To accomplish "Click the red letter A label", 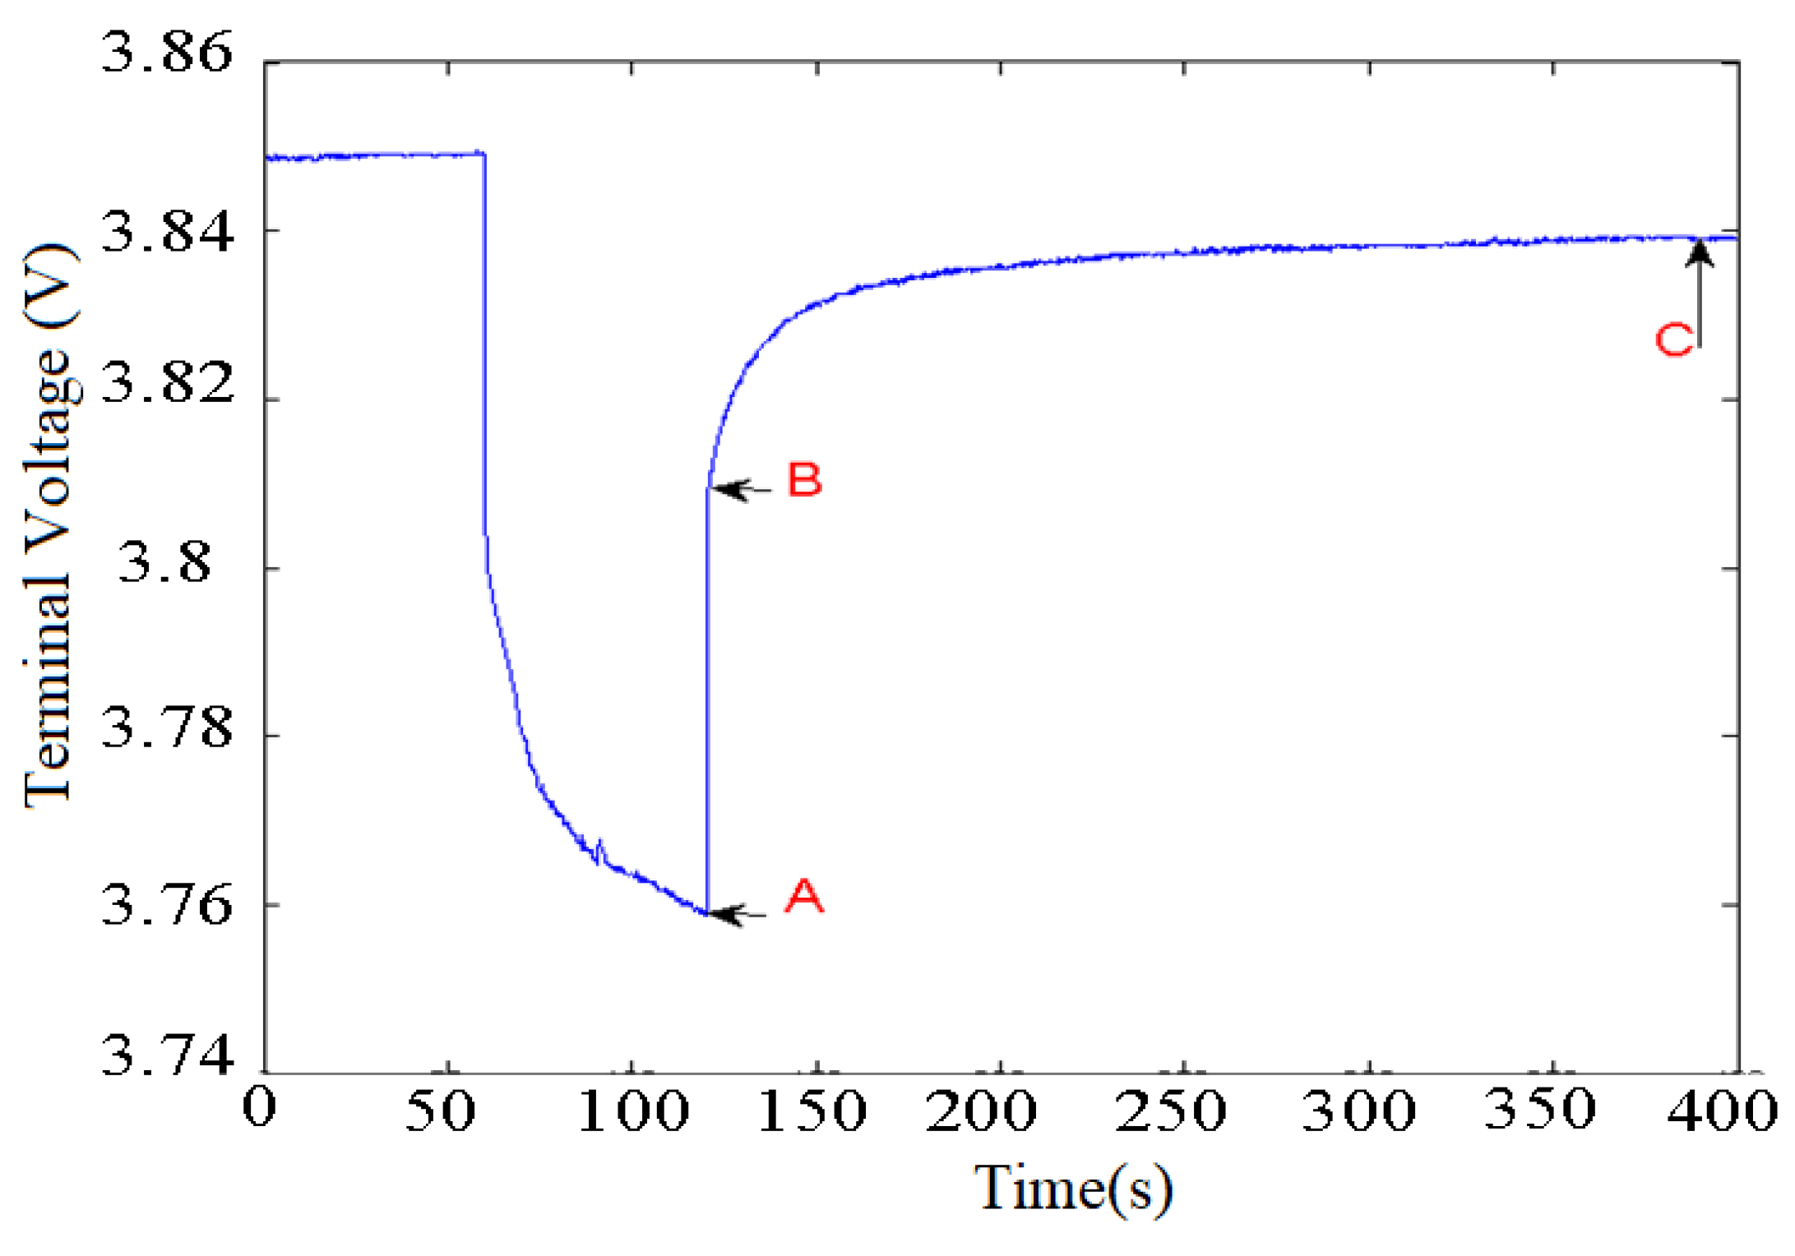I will coord(803,896).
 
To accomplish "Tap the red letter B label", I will coord(804,479).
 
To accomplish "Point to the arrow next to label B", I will coord(741,490).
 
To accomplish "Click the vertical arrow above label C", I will coord(1699,288).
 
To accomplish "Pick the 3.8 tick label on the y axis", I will coord(165,565).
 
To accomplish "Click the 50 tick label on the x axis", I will coord(441,1111).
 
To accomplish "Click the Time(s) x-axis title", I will coord(1073,1188).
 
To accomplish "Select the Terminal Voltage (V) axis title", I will coord(51,526).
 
